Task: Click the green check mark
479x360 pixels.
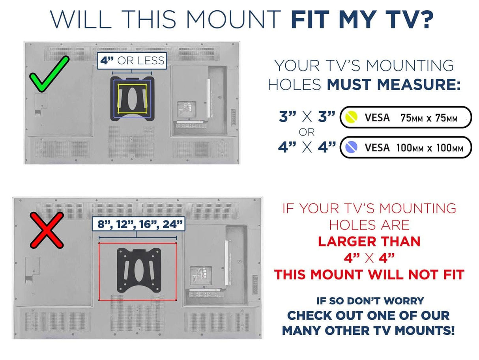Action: click(49, 74)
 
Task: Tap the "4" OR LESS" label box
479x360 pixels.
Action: click(131, 61)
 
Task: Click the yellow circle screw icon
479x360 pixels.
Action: click(351, 117)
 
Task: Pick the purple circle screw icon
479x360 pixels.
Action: click(351, 147)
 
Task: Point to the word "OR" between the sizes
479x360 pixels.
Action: click(307, 132)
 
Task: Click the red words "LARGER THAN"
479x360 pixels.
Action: click(369, 241)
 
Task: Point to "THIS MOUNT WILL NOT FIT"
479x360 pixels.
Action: click(369, 274)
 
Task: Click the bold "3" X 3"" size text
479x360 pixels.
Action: click(307, 117)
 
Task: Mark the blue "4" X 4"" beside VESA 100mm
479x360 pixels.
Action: click(307, 147)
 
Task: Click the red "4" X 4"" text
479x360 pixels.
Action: click(369, 258)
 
